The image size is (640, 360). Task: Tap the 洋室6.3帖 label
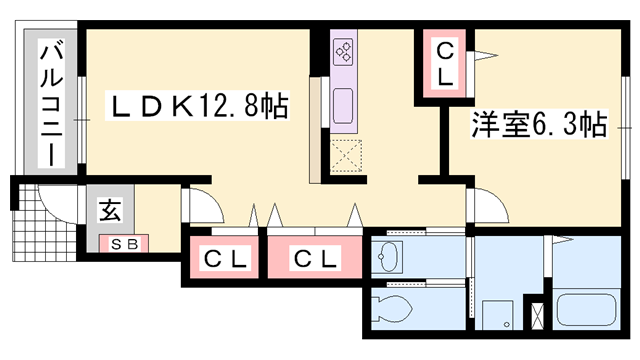point(539,126)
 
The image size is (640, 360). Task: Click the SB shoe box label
point(123,242)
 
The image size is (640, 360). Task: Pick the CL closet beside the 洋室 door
point(444,62)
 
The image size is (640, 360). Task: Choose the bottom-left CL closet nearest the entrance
point(226,259)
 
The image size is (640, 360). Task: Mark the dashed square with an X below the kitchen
point(348,156)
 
